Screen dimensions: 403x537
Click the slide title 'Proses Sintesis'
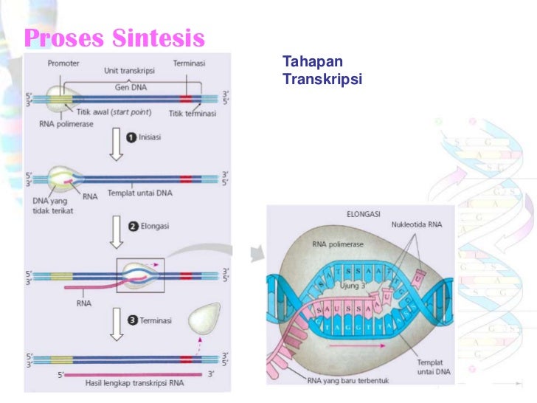coord(114,37)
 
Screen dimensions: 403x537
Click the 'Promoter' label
coord(63,63)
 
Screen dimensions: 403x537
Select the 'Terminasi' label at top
coord(190,63)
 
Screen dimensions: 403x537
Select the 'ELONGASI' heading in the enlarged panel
coord(362,214)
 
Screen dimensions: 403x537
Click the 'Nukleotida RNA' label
coord(416,224)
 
